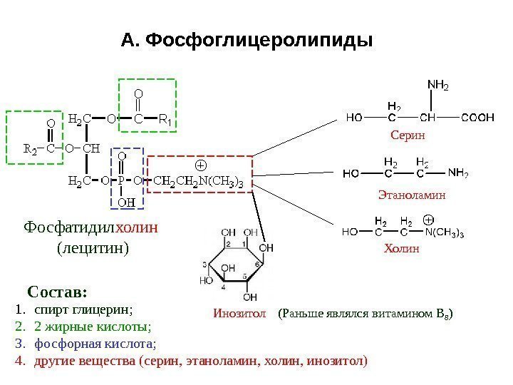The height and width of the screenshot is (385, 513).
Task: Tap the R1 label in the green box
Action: click(x=165, y=118)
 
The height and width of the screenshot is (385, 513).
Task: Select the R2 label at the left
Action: click(x=31, y=149)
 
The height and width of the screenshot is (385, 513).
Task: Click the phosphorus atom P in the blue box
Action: click(x=122, y=180)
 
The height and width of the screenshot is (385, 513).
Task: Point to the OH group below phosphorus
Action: click(x=125, y=202)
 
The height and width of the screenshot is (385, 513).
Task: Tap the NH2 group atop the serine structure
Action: click(x=438, y=86)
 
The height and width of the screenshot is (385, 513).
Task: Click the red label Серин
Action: click(x=408, y=134)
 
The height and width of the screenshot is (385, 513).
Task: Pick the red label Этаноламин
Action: click(x=410, y=193)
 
